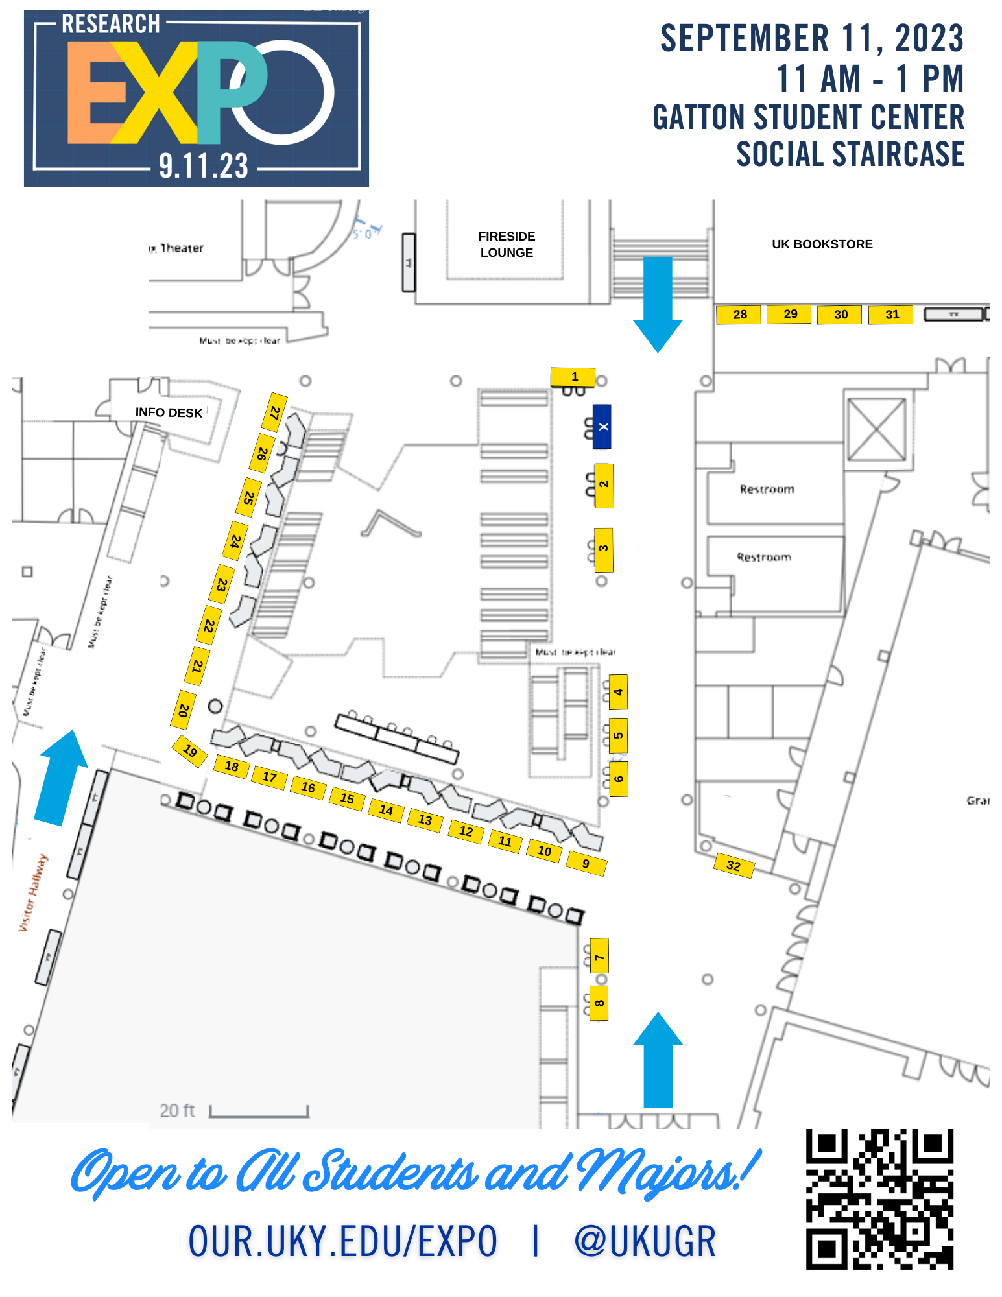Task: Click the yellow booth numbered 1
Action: coord(574,376)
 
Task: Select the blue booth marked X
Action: coord(602,427)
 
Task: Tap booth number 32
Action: coord(734,865)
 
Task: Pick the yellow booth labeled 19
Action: coord(189,752)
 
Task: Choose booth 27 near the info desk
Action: coord(275,412)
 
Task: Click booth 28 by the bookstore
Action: coord(739,315)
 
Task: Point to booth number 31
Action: coord(891,315)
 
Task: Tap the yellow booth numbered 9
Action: coord(586,863)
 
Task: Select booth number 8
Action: coord(599,1003)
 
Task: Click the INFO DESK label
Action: coord(169,412)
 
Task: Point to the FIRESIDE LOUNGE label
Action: coord(507,244)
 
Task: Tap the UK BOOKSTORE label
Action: coord(822,244)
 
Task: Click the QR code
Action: coord(880,1199)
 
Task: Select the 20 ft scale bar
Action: coord(259,1111)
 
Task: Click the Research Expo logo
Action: coord(197,99)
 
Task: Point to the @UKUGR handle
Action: coord(645,1241)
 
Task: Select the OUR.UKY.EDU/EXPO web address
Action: coord(342,1241)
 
